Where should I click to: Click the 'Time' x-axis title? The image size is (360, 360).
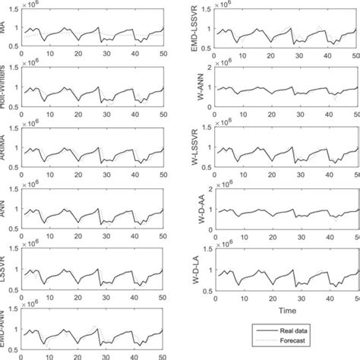point(286,311)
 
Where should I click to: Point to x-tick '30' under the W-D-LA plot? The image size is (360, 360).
point(300,301)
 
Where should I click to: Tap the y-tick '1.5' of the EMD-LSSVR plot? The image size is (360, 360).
point(207,11)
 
